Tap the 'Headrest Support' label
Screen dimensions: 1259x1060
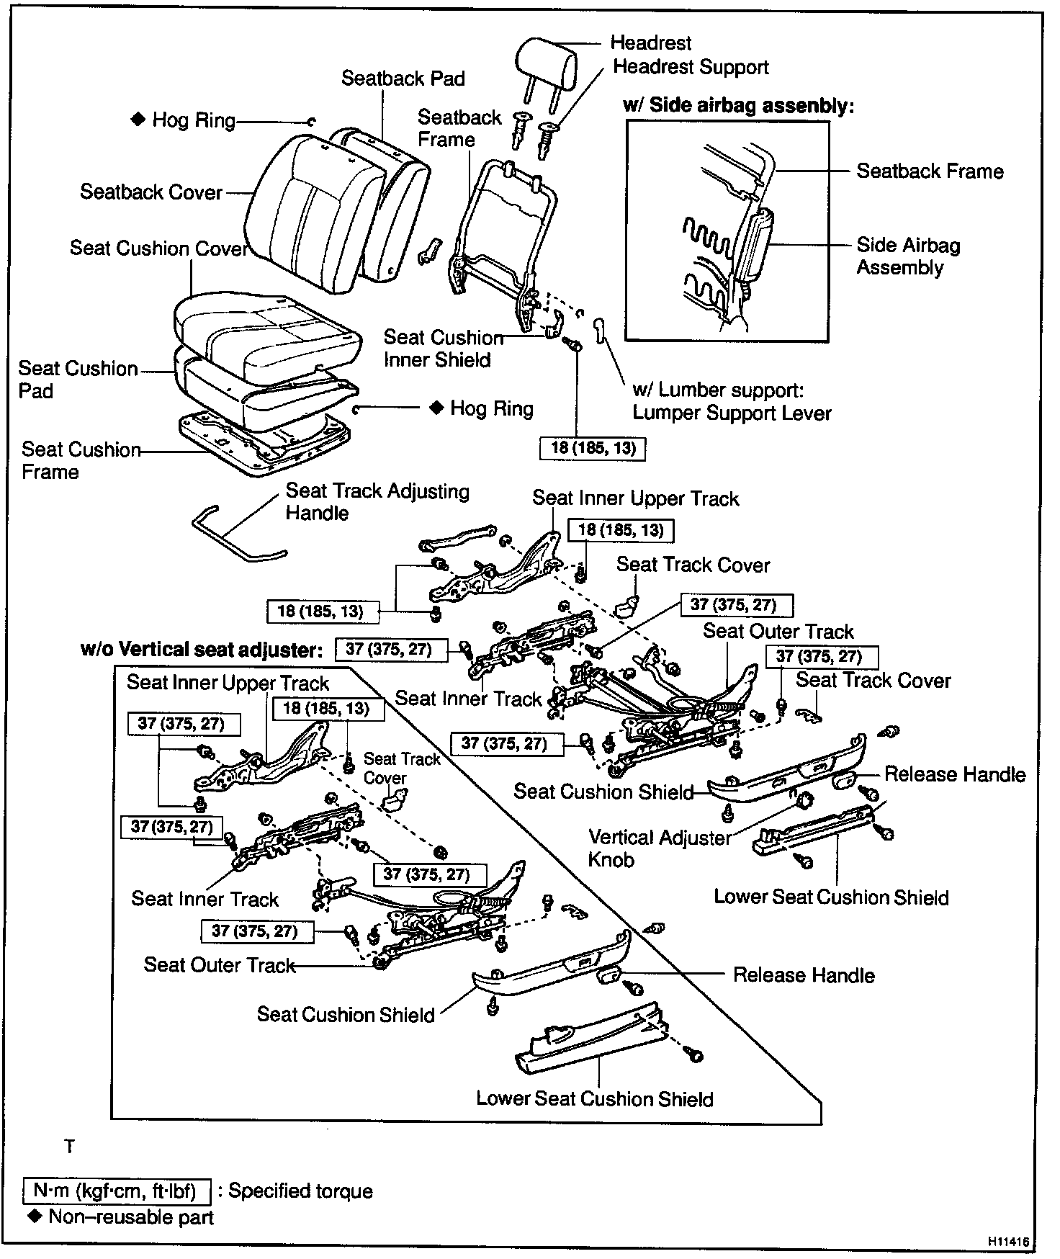pos(691,68)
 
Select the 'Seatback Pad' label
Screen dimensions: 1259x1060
pos(403,79)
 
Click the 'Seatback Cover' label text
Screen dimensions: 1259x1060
pos(151,192)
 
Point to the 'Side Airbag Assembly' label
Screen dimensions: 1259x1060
pos(908,256)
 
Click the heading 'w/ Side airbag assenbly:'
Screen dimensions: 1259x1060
pos(738,106)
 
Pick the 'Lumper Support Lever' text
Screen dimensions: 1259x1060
pos(732,413)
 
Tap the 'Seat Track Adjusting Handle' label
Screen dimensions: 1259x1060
pos(377,502)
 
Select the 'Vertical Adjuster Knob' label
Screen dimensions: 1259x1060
pos(659,848)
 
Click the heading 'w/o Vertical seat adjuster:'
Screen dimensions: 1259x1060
pos(201,650)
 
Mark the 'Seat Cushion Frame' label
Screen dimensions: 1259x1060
pos(81,460)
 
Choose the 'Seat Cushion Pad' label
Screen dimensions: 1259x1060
pos(78,380)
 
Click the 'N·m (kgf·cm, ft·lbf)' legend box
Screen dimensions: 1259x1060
pos(117,1191)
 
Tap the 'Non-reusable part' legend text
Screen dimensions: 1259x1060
pos(131,1218)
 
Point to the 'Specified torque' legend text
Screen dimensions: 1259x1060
pos(300,1191)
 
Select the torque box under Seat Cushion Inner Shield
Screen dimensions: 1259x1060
pos(593,448)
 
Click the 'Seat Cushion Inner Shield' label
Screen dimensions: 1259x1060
pos(443,349)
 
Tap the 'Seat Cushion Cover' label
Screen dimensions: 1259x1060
pos(158,248)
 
